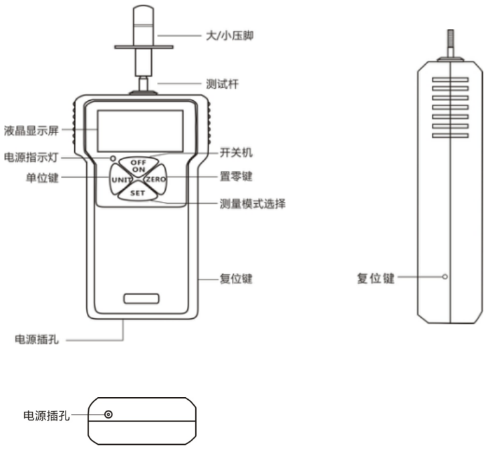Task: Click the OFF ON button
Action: coord(138,166)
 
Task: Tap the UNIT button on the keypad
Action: coord(120,180)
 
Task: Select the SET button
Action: coord(138,193)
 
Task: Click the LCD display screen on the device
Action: coord(140,131)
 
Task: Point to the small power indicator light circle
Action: coord(113,158)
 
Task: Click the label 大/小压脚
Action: coord(230,35)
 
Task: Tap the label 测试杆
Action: coord(222,84)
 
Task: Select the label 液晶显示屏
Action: coord(31,130)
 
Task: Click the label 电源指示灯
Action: coord(31,157)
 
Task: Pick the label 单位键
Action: coord(43,178)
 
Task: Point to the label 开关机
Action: coord(236,153)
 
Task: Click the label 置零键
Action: coord(236,177)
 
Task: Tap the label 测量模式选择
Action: coord(253,204)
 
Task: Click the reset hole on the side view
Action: coord(445,277)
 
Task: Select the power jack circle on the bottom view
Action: coord(108,415)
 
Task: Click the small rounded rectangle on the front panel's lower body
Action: coord(141,298)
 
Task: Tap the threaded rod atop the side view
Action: coord(451,43)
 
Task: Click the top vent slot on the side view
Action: coord(451,80)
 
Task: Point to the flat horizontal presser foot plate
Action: coord(144,47)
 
